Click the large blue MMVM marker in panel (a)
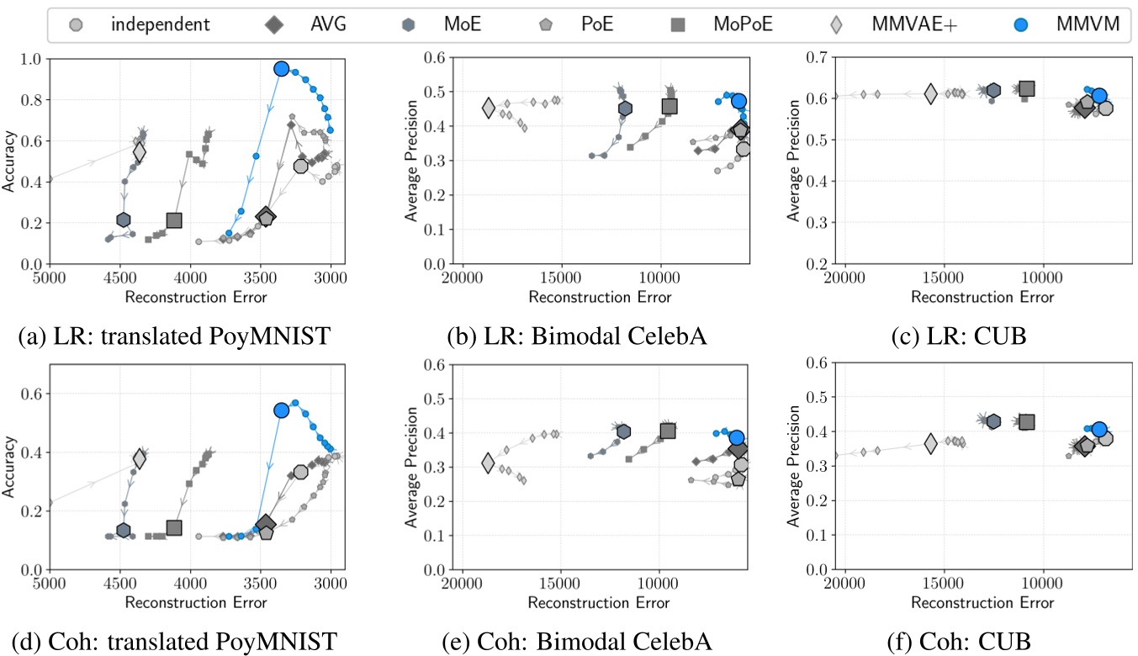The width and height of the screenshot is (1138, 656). click(281, 69)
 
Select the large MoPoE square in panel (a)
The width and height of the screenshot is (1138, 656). click(174, 220)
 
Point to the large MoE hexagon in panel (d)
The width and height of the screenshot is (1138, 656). click(124, 531)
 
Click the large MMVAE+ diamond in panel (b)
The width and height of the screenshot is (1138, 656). click(489, 108)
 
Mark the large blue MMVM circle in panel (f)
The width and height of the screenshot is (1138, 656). click(1099, 430)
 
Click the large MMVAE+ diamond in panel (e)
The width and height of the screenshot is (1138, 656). click(489, 463)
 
